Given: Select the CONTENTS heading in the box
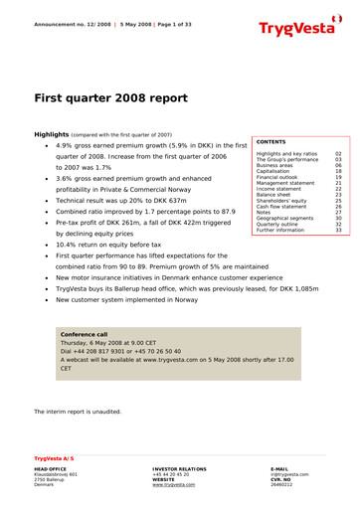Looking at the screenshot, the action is pos(274,142).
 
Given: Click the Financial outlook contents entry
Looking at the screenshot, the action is pos(281,177).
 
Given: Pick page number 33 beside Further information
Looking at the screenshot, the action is pos(338,230).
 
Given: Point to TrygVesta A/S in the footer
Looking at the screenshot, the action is pos(55,458).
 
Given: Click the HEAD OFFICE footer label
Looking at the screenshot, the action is pos(51,468).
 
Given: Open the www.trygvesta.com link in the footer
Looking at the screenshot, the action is pos(174,484).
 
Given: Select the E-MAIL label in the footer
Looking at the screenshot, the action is pos(279,468).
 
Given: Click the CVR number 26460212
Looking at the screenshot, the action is pos(283,484).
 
